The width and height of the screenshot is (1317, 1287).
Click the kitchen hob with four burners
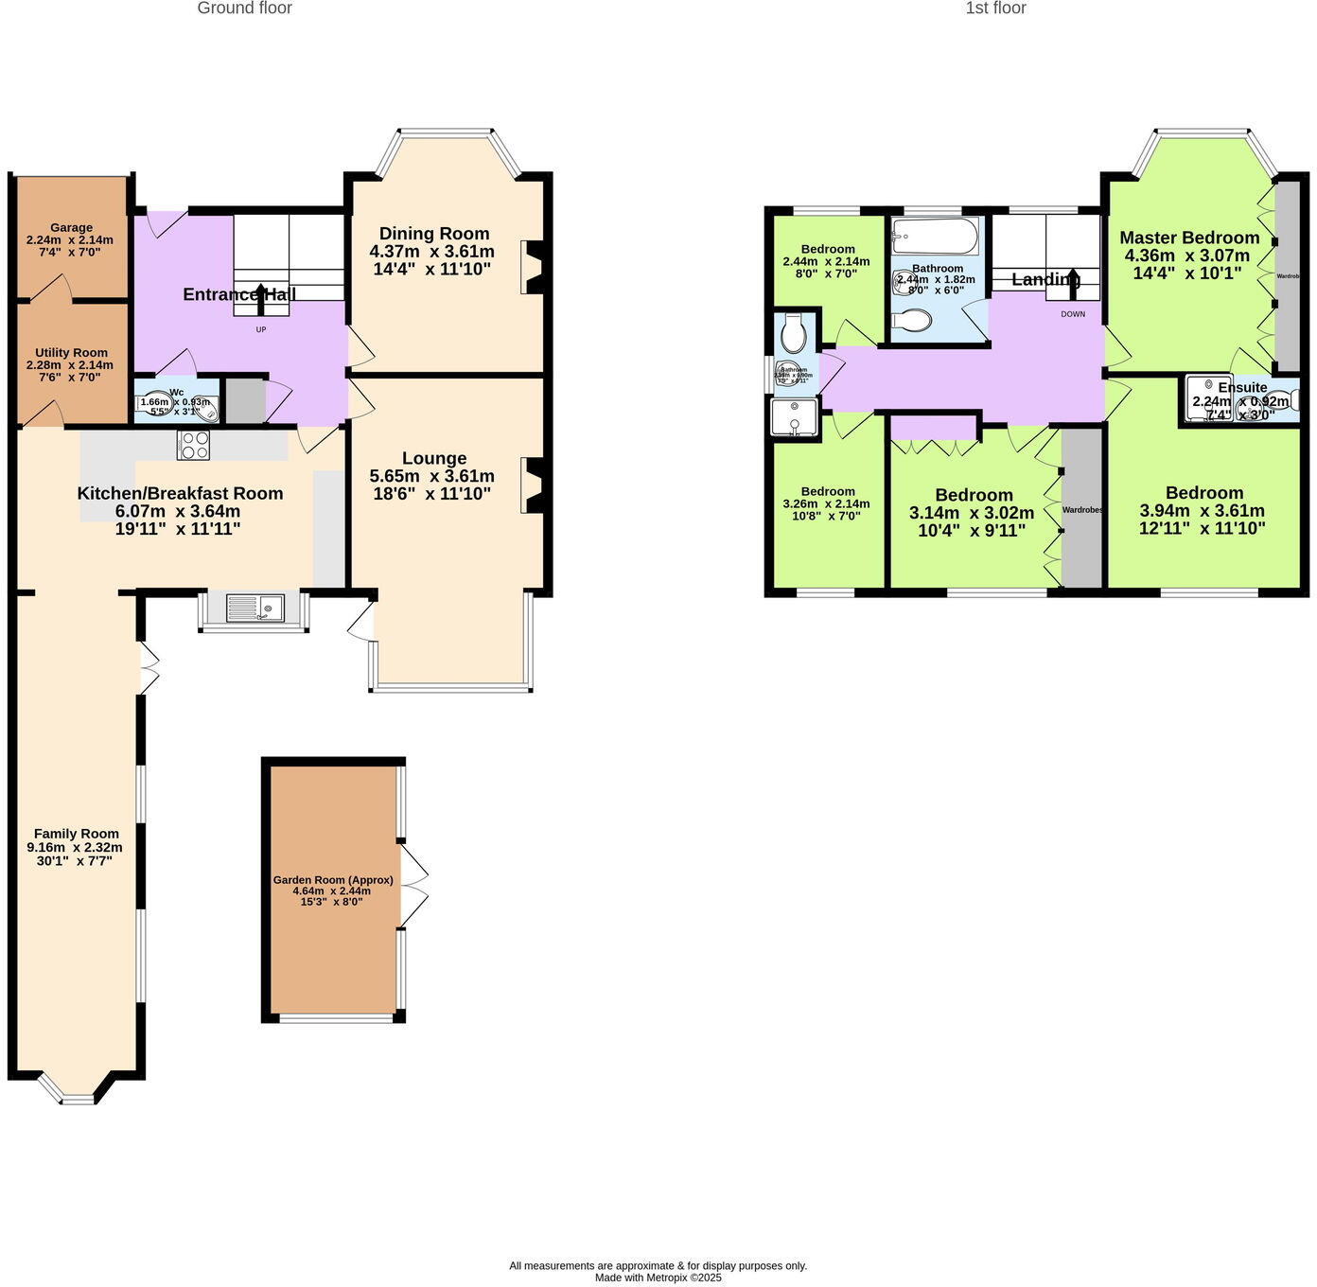193,445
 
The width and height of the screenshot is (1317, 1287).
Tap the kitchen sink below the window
254,608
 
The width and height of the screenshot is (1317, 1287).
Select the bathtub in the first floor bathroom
935,237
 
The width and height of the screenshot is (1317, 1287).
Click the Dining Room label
434,234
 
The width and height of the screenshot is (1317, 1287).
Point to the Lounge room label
434,458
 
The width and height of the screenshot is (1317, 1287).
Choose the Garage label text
72,227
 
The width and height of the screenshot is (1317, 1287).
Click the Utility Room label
72,352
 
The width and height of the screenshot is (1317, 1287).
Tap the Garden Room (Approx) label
333,879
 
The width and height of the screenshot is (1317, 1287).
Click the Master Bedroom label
1189,238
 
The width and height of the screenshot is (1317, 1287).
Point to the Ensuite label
1242,387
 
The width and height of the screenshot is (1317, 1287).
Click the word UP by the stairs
261,330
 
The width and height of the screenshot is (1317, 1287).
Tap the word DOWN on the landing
1073,314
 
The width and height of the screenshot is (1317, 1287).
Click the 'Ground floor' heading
244,9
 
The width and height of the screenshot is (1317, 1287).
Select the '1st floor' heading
995,9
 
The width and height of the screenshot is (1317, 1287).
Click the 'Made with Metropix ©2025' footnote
658,1278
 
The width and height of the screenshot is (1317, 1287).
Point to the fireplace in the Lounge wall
534,485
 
